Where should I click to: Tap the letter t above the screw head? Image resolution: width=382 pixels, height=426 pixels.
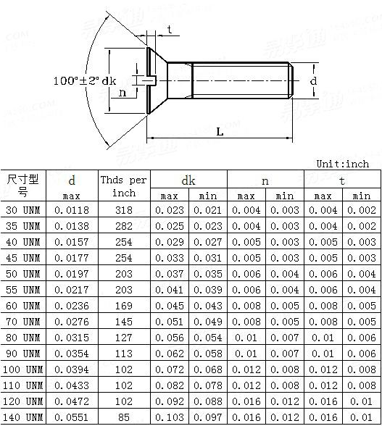[170, 29]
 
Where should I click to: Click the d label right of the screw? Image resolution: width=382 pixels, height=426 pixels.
[313, 81]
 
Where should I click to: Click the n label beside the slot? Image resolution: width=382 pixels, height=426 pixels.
[123, 93]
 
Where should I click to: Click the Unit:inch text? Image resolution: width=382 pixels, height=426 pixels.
[342, 164]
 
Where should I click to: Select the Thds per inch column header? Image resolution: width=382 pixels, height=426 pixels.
[123, 186]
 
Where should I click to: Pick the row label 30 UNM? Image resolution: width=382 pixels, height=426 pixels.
[23, 210]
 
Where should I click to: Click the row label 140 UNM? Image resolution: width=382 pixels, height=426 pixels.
[23, 417]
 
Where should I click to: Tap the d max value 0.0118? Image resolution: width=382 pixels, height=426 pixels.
[72, 210]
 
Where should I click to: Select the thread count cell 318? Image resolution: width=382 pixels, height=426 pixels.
[123, 210]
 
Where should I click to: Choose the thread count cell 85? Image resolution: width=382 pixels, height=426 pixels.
[123, 417]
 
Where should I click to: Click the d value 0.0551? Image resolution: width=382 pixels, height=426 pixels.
[72, 417]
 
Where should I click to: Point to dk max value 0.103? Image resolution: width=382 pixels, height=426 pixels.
[169, 417]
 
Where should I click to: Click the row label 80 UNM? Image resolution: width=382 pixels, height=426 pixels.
[23, 338]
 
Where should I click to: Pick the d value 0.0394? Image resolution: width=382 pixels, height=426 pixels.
[72, 369]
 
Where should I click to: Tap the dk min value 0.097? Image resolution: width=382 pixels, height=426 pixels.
[208, 417]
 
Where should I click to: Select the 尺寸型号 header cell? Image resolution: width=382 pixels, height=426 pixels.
[23, 185]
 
